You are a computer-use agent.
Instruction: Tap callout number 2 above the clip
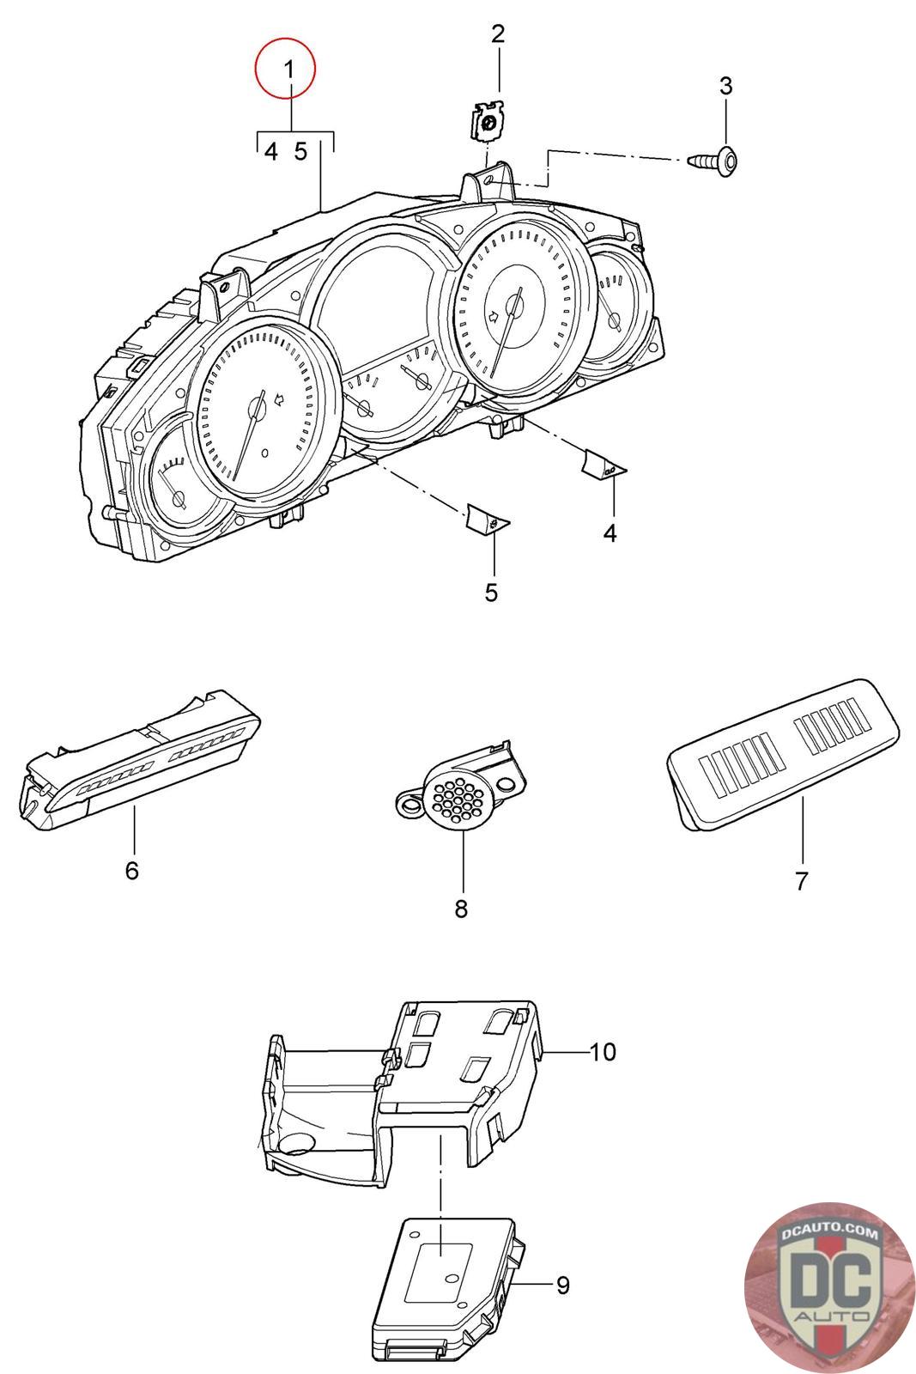(498, 33)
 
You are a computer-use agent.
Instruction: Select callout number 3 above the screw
(725, 85)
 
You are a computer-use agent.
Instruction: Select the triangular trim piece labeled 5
(488, 518)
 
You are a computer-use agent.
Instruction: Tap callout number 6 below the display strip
(132, 870)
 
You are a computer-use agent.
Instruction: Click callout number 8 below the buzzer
(461, 909)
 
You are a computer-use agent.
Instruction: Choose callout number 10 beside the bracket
(602, 1051)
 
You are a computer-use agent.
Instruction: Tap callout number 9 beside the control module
(563, 1285)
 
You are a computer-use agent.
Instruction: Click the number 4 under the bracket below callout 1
(271, 151)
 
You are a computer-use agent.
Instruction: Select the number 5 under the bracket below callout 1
(300, 151)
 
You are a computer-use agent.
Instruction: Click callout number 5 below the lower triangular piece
(491, 593)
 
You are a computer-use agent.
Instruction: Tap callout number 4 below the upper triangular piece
(610, 533)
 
